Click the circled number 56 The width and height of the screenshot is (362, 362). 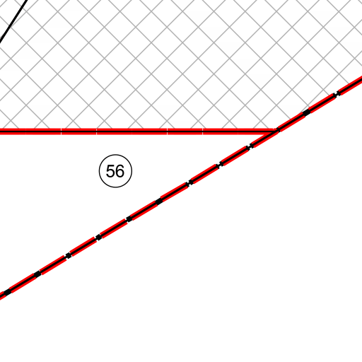coord(115,171)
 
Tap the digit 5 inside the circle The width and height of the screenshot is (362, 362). coord(110,171)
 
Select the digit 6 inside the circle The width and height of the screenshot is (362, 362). coord(119,171)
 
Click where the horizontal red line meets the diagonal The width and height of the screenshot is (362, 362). coord(275,131)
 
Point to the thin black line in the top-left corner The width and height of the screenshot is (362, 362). coord(13,22)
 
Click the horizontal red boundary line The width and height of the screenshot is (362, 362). coord(136,132)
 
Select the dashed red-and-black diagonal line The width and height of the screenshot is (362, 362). coord(181,188)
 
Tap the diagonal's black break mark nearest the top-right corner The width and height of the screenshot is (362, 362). coord(337,94)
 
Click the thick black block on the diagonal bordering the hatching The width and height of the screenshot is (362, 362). coord(306,112)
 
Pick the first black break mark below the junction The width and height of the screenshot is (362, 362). coord(250,146)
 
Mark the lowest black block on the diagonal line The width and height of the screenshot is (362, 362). coord(8,292)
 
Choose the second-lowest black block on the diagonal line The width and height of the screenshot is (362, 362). coord(37,274)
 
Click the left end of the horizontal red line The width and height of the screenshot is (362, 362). coord(1,132)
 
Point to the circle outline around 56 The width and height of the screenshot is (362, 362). coord(115,155)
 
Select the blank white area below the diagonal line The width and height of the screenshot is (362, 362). coord(235,271)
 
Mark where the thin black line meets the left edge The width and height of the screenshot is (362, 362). coord(1,43)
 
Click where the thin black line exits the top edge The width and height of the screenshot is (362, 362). coord(28,1)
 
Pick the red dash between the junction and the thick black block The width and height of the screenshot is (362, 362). coord(291,122)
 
